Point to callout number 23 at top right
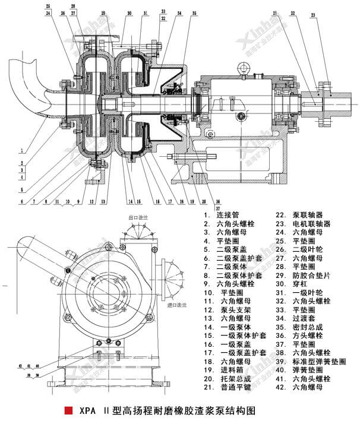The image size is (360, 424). [330, 15]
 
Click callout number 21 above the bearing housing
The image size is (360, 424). [276, 12]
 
